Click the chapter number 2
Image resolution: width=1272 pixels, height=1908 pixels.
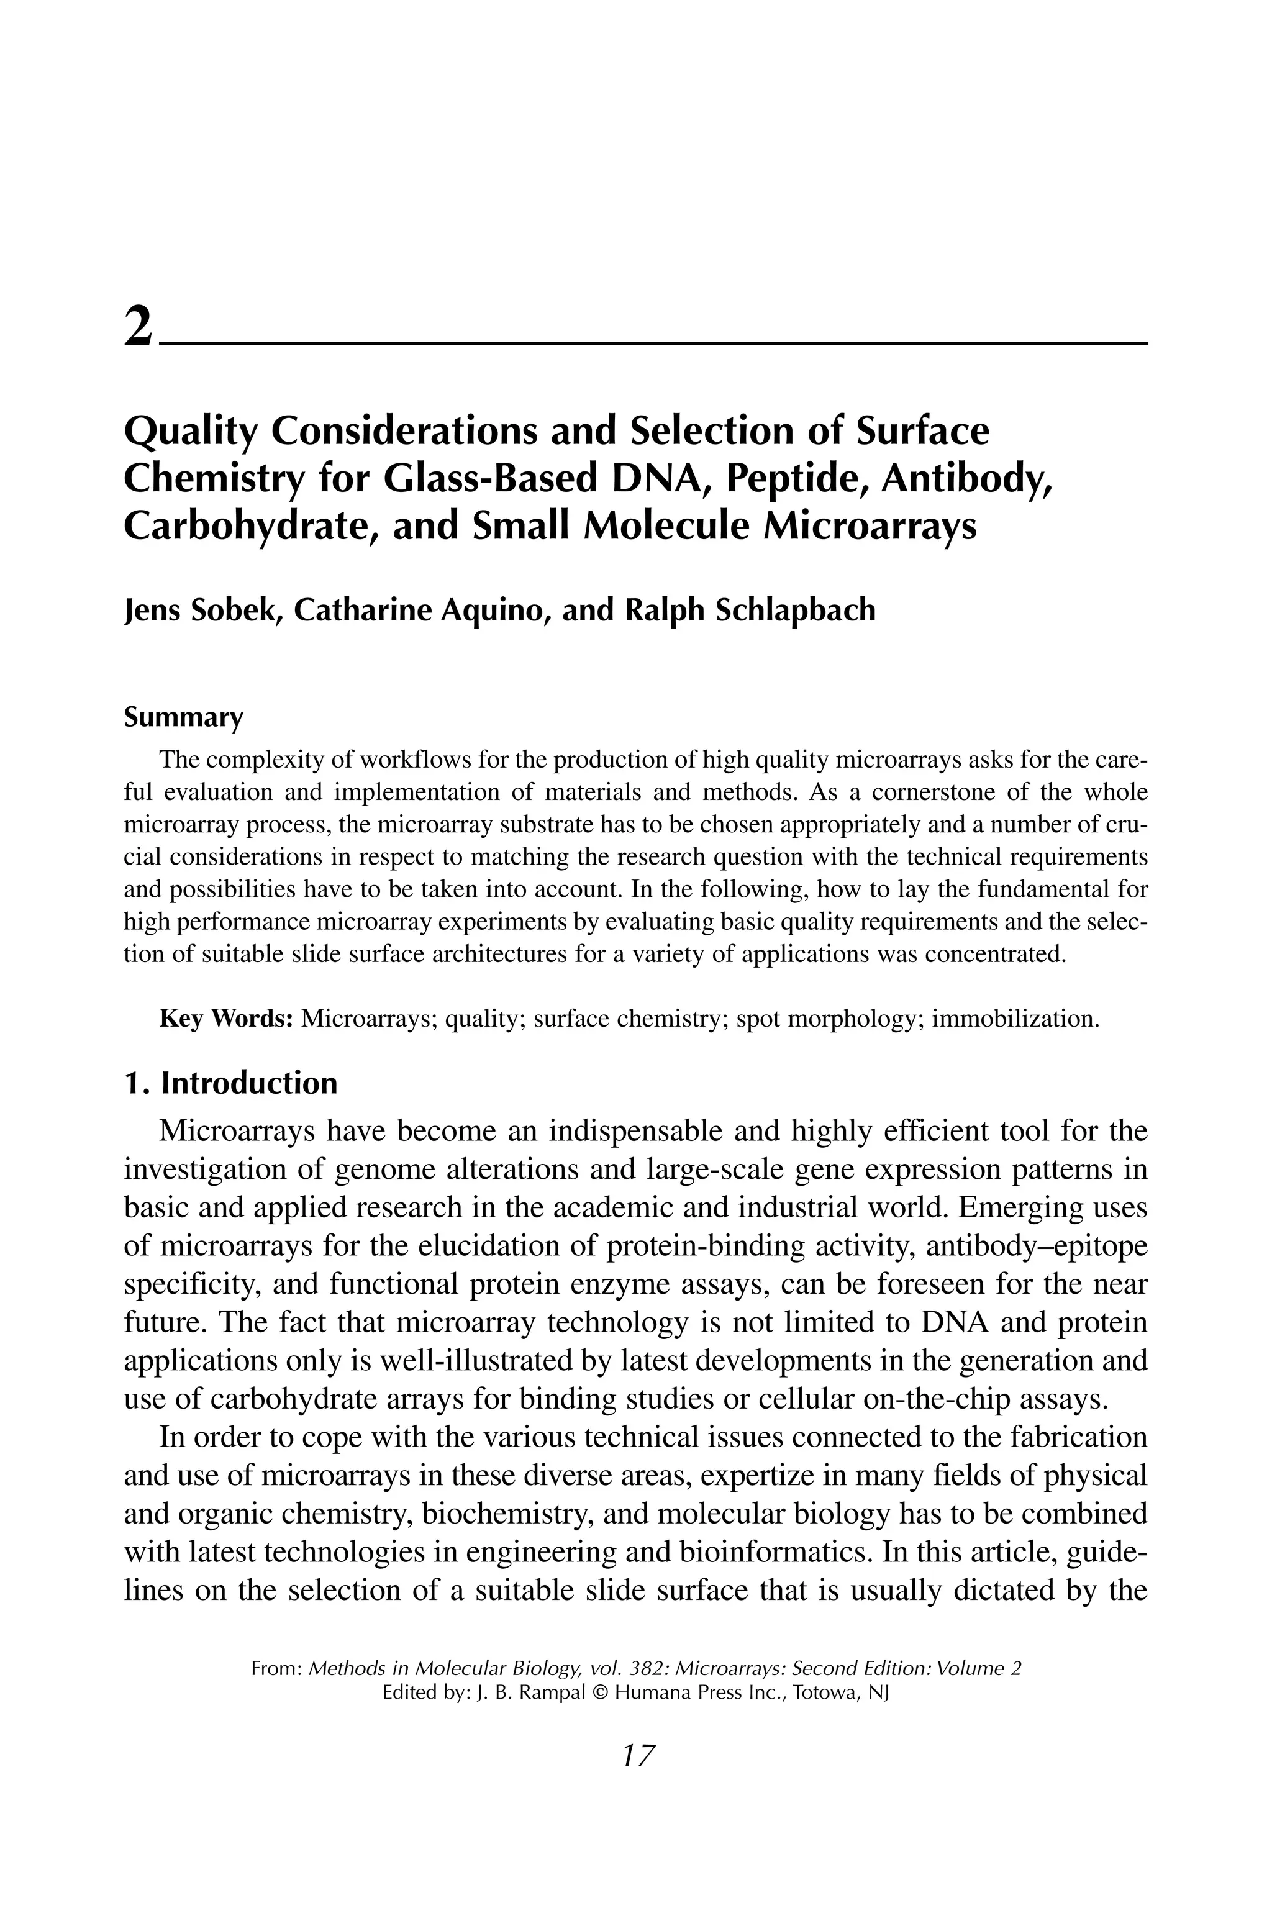138,328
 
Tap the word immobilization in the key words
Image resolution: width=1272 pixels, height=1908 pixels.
1014,1018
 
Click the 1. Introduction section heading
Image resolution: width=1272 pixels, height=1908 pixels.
230,1083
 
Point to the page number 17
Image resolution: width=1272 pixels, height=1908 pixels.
637,1755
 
